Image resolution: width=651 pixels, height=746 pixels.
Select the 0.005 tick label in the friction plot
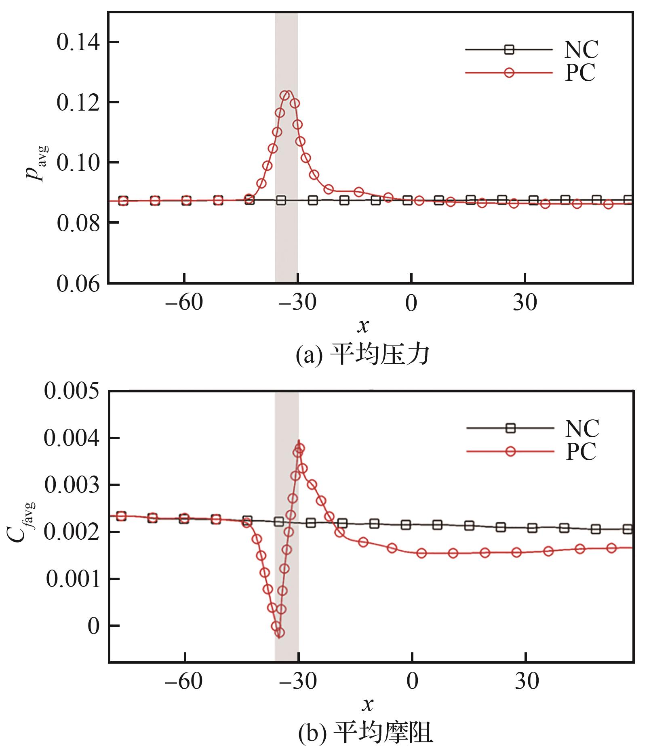71,392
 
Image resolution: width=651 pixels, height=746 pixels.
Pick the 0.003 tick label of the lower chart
71,485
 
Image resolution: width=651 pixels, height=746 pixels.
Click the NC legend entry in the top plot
581,50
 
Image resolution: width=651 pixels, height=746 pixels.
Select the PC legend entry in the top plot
580,73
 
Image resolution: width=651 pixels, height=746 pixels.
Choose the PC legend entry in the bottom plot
581,451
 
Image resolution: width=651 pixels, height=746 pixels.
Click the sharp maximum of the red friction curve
299,441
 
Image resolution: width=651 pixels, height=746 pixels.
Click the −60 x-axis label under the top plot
183,303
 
